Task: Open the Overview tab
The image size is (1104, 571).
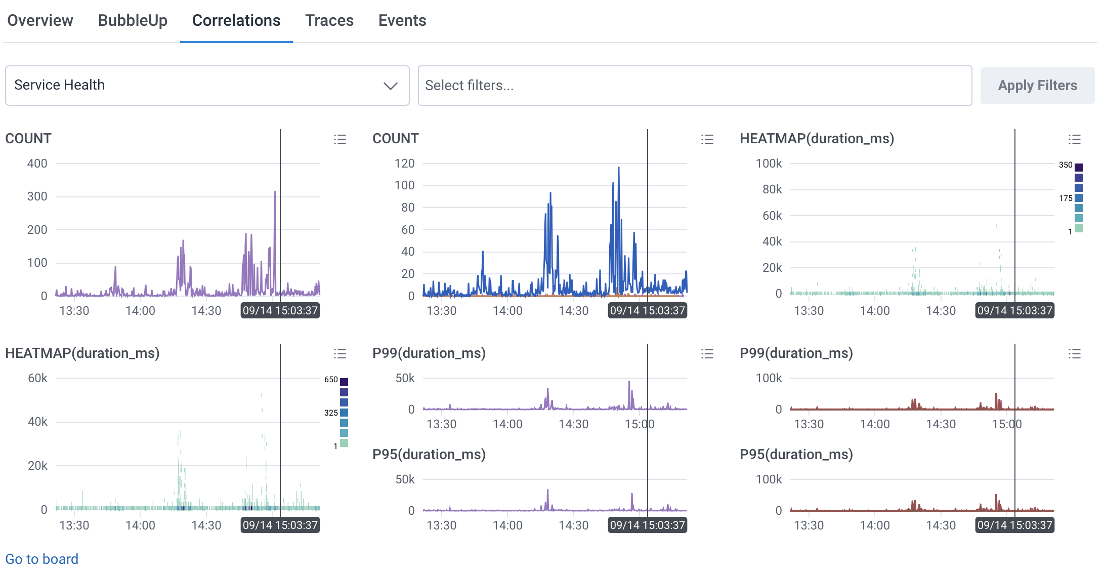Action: (x=40, y=20)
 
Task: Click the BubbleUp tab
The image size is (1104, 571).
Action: (x=133, y=20)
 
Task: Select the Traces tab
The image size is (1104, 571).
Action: (x=329, y=20)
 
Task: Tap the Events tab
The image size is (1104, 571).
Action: (x=402, y=20)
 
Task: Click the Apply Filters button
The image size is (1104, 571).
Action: (x=1037, y=86)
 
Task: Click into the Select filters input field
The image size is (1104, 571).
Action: (x=694, y=86)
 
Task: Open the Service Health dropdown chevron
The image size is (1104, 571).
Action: (x=390, y=86)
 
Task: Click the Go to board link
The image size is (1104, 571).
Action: (x=41, y=559)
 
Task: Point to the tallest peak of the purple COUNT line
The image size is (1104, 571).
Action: (x=275, y=192)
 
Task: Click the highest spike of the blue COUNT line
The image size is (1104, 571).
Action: (x=618, y=169)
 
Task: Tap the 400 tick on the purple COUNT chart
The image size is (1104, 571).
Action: (x=37, y=164)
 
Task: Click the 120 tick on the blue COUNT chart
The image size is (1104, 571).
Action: (x=404, y=164)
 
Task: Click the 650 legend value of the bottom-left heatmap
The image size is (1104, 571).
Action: (x=331, y=379)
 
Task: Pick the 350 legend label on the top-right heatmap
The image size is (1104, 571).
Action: (x=1065, y=165)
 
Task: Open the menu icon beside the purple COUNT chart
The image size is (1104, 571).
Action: (x=339, y=139)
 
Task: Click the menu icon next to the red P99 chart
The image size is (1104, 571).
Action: (x=1074, y=353)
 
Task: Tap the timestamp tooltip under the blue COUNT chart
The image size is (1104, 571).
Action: (x=647, y=310)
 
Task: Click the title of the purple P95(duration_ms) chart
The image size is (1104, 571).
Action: (x=429, y=454)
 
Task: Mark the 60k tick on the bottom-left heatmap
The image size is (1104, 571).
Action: (x=37, y=378)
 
